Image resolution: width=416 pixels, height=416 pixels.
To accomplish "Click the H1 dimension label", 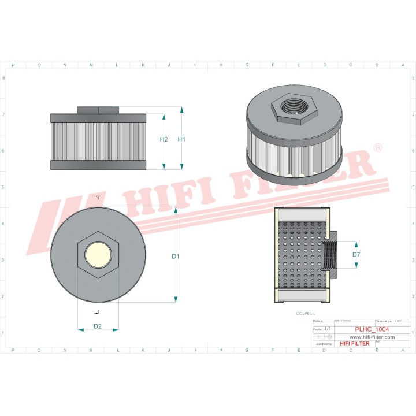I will (181, 139).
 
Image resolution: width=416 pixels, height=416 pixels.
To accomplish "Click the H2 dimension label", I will (164, 139).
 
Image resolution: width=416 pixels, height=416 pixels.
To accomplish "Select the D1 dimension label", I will (176, 256).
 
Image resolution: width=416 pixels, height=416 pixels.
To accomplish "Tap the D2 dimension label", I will (98, 326).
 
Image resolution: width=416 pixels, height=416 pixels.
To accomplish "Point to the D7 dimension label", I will (356, 255).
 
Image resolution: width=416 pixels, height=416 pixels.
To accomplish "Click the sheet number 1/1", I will (328, 329).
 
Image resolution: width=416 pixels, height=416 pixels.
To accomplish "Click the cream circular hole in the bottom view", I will (98, 255).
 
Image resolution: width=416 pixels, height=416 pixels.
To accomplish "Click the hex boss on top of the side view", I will (98, 110).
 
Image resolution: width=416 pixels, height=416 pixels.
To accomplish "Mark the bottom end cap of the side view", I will (98, 165).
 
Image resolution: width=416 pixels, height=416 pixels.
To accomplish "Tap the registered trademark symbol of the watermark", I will (377, 148).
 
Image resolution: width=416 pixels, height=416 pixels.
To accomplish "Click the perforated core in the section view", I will (300, 255).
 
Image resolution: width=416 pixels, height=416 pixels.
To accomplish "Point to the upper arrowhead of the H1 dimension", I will (181, 110).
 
